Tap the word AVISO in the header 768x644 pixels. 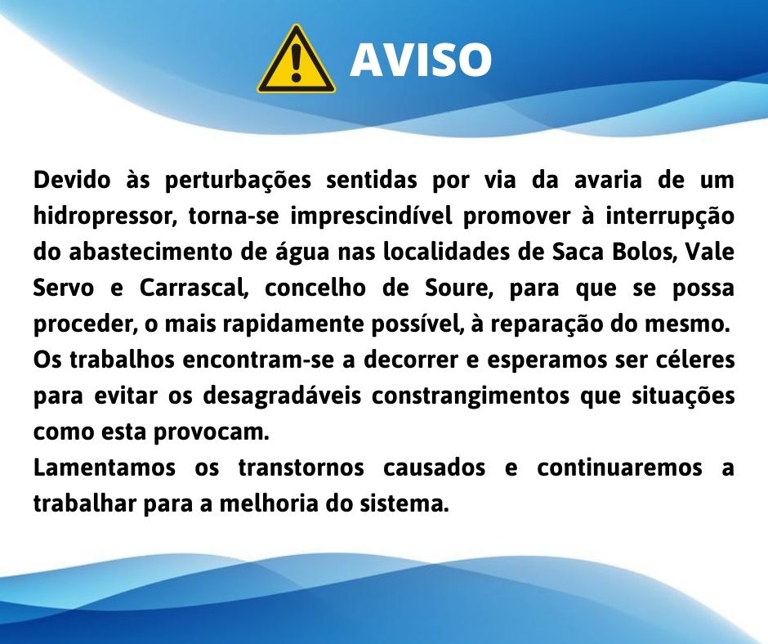coord(421,60)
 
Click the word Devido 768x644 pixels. coord(73,179)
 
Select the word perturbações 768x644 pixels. coord(238,181)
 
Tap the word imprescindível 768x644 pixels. coord(371,216)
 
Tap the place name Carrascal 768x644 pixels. coord(194,288)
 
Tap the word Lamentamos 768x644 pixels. coord(105,467)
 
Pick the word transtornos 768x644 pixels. coord(301,468)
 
